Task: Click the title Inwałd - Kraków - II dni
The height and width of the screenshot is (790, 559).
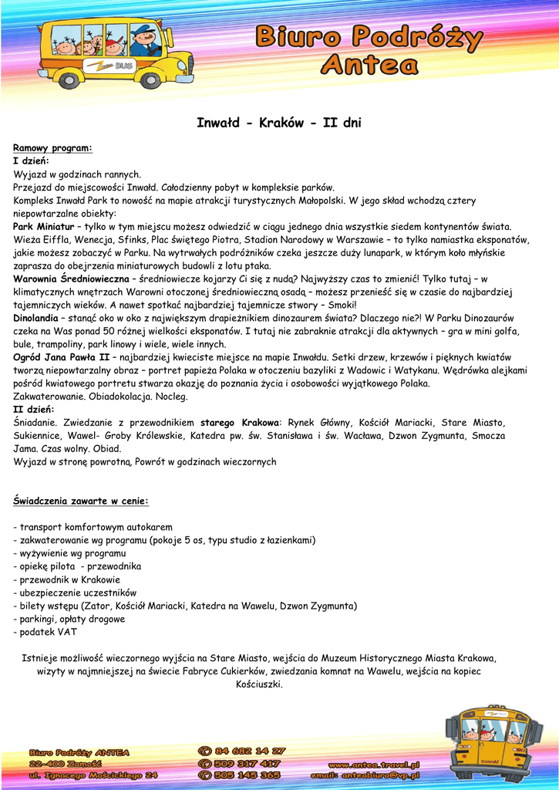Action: [279, 123]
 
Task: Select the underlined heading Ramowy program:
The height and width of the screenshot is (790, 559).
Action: [52, 147]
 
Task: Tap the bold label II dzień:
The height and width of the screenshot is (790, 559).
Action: [34, 409]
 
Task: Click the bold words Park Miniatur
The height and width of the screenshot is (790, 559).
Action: [44, 227]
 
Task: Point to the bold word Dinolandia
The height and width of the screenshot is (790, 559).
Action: [35, 318]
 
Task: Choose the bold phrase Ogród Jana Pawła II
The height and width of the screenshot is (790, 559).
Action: [62, 357]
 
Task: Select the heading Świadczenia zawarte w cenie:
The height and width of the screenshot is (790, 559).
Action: [81, 501]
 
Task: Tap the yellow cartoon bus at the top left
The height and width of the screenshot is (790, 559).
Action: [116, 52]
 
